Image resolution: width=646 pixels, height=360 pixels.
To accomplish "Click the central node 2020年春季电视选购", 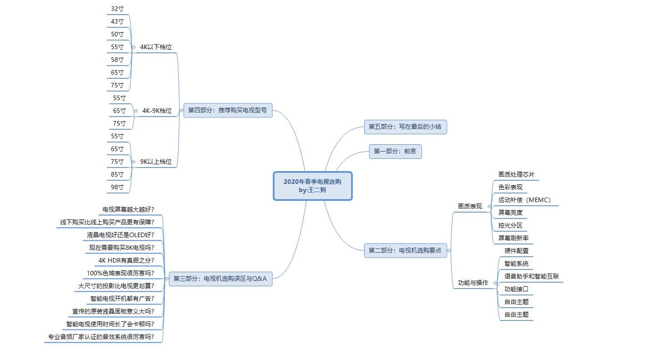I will (x=313, y=186).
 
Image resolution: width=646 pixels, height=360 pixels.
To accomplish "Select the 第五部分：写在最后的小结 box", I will (x=405, y=127).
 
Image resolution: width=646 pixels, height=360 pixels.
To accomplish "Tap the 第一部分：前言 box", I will (x=395, y=152).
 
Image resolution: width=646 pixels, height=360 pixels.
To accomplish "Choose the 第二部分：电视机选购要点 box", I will (x=405, y=250).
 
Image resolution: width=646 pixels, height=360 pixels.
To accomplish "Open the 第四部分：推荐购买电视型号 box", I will (x=227, y=111).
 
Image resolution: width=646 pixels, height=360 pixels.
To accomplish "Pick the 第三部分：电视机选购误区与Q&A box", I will (x=220, y=279).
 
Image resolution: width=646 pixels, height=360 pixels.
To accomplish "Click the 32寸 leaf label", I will (x=117, y=9).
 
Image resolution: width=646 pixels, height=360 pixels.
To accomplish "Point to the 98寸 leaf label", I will (x=117, y=187).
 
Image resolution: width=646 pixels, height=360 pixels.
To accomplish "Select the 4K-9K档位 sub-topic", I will (x=157, y=111).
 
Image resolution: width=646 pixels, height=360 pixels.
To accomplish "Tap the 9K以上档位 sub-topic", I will (x=156, y=162).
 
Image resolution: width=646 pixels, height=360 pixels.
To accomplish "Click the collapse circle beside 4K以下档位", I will (x=133, y=47).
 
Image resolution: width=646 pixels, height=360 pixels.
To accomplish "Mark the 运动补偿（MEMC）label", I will (x=525, y=200).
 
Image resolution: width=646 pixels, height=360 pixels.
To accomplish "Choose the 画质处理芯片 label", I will (x=516, y=174).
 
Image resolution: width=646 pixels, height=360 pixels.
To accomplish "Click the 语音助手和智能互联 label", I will (x=531, y=276).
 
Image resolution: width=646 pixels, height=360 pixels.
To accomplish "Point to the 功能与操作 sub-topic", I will (x=473, y=283).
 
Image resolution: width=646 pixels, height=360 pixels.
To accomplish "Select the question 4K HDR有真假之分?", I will (x=126, y=260).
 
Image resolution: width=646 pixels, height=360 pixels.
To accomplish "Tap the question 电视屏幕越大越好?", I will (x=128, y=209).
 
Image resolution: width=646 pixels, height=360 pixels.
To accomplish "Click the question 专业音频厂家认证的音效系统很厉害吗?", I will (x=101, y=337).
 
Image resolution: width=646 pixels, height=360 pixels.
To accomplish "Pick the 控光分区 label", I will (x=510, y=225).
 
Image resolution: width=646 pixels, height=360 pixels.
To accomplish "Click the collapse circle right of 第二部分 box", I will (x=449, y=250).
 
